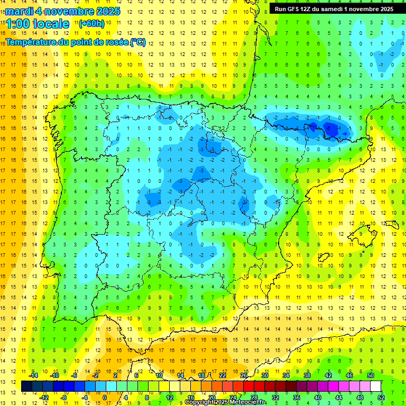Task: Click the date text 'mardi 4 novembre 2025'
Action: point(63,11)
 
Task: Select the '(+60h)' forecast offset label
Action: point(91,23)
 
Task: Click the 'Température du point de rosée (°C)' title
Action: point(76,42)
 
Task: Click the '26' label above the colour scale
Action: point(244,375)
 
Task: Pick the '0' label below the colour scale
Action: point(105,397)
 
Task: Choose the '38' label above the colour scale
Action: point(307,375)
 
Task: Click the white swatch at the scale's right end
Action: point(376,386)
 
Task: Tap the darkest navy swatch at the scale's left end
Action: point(26,386)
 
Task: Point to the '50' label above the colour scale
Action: point(371,375)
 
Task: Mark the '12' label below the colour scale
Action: point(170,397)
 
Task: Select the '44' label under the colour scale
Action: point(339,397)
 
